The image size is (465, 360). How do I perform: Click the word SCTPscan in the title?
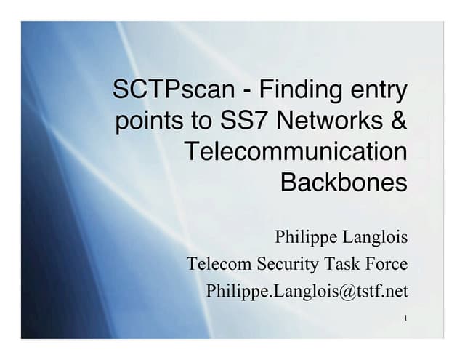coord(166,92)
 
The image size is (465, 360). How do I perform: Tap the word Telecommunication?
coord(296,151)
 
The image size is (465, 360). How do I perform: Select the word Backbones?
coord(344,182)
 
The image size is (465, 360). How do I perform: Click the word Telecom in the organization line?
coord(214,264)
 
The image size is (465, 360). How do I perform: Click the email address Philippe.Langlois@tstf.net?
coord(307,291)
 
